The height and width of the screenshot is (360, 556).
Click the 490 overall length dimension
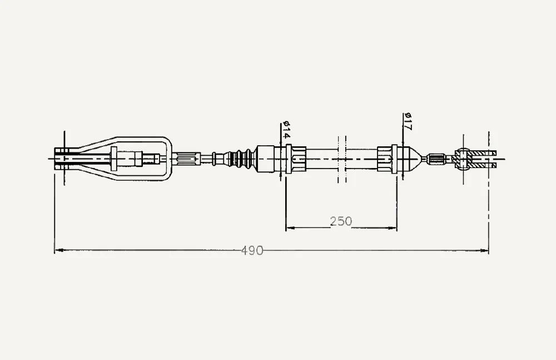(x=252, y=250)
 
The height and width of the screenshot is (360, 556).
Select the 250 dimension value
(x=341, y=221)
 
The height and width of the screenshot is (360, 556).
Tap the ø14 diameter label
(x=286, y=130)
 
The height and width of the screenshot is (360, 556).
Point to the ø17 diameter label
(x=407, y=122)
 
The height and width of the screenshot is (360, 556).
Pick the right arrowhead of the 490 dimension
(x=484, y=250)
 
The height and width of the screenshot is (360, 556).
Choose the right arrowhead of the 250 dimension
(x=392, y=228)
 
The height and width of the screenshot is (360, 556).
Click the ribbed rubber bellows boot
(x=241, y=159)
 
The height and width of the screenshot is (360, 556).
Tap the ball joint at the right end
(x=464, y=159)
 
